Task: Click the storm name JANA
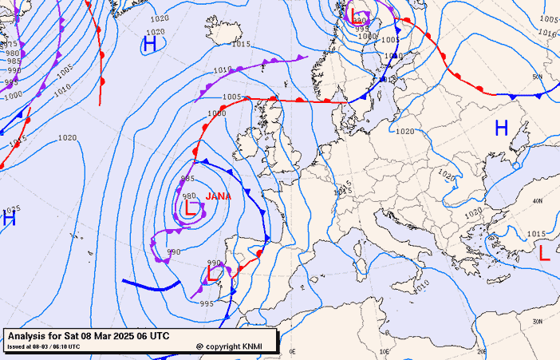[x=218, y=196]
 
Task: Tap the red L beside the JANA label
[x=191, y=209]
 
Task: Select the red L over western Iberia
[x=214, y=274]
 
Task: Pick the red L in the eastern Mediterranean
[x=544, y=254]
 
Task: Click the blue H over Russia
[x=502, y=128]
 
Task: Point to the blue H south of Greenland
[x=149, y=45]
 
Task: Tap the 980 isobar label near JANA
[x=189, y=196]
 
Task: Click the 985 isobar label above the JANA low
[x=188, y=178]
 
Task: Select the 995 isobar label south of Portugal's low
[x=207, y=303]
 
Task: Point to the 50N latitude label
[x=537, y=77]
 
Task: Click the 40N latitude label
[x=537, y=201]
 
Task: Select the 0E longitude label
[x=292, y=351]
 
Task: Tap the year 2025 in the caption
[x=124, y=336]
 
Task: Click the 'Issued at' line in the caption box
[x=44, y=346]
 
